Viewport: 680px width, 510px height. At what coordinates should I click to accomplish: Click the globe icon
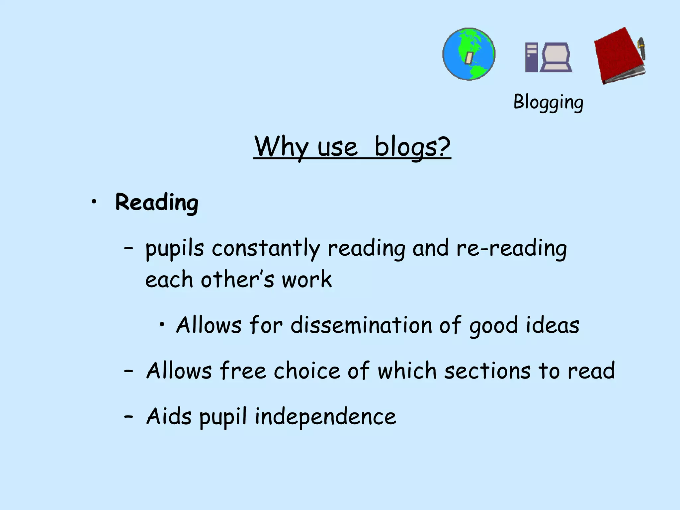point(469,54)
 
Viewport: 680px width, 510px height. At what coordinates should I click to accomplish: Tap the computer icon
point(549,57)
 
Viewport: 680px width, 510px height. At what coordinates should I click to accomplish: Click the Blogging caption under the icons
point(548,102)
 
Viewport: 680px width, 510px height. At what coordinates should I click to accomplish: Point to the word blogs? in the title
point(412,147)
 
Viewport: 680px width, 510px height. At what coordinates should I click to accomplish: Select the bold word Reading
point(157,202)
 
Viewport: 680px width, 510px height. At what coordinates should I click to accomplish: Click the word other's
point(237,279)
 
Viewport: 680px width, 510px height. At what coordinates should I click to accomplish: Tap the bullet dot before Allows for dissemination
point(162,324)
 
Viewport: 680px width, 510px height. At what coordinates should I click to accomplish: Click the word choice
point(307,371)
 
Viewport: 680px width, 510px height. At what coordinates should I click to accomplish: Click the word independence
point(325,417)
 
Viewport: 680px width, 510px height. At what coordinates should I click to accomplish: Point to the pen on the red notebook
point(641,48)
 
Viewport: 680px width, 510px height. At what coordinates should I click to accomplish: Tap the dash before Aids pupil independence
point(128,416)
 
